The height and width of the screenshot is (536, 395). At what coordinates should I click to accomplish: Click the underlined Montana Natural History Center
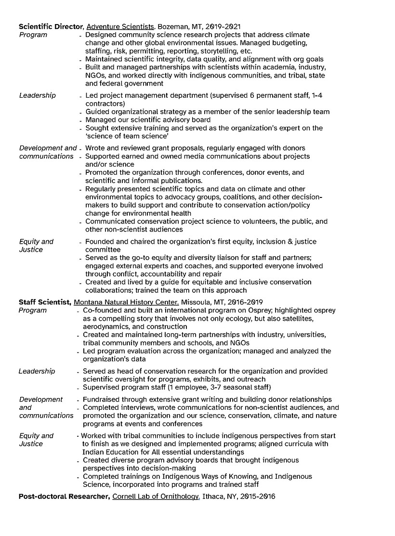pos(126,302)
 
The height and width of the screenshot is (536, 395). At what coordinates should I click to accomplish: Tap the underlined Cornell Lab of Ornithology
pos(156,497)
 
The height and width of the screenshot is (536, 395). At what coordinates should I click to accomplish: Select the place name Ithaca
pos(213,497)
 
